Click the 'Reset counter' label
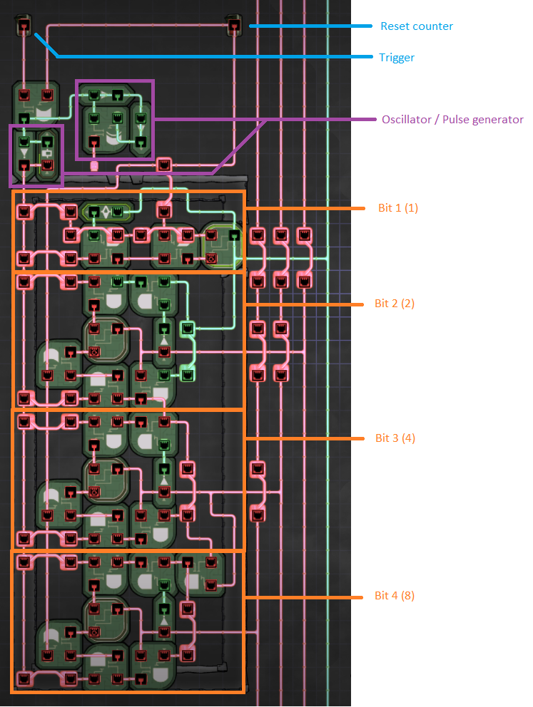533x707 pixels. (417, 26)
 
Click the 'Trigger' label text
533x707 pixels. (397, 57)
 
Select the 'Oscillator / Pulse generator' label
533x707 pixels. (452, 120)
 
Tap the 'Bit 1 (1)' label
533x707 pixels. (397, 208)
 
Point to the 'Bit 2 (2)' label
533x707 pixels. (395, 304)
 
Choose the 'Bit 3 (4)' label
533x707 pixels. (395, 438)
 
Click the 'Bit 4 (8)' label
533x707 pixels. (395, 596)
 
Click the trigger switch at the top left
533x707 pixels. (23, 26)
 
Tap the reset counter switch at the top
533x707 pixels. (233, 26)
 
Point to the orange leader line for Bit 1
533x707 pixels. (307, 208)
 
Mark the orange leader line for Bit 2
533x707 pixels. (307, 304)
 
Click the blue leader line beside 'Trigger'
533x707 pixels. (214, 56)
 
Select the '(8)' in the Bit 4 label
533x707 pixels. (407, 596)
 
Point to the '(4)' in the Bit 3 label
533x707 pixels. (407, 438)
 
